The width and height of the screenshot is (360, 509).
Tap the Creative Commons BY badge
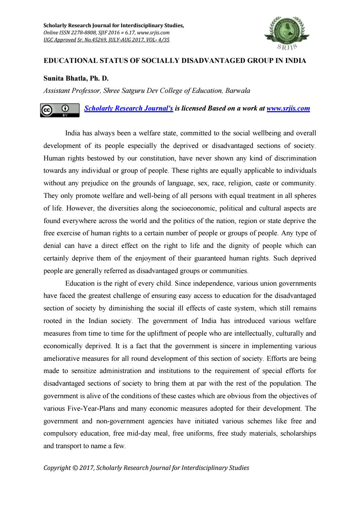59,110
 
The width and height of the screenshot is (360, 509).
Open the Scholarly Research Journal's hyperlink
128,108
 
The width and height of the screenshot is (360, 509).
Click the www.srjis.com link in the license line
288,108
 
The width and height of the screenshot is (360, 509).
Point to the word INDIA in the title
296,61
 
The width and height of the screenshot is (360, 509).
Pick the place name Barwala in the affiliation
237,91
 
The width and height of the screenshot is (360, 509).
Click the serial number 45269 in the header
100,40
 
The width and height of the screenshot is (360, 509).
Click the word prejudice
95,183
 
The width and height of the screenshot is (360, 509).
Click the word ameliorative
62,358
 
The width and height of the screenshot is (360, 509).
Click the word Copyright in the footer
57,468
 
